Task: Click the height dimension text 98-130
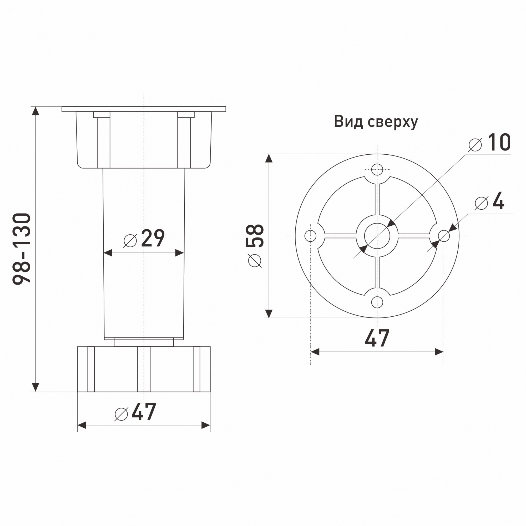22,249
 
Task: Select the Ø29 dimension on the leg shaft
144,238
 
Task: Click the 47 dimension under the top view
377,338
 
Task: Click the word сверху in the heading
393,123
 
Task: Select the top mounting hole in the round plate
377,169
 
